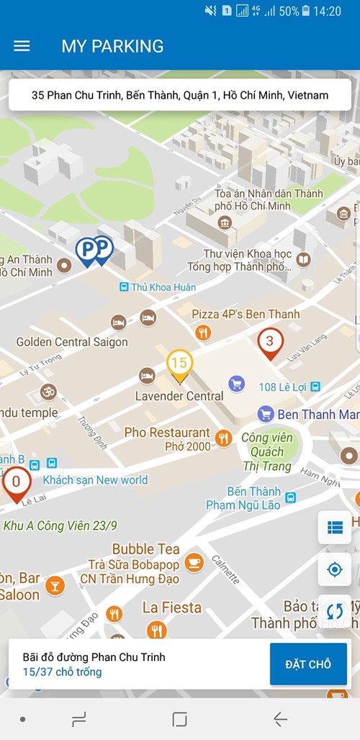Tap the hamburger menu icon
pyautogui.click(x=22, y=46)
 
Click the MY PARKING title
pyautogui.click(x=112, y=46)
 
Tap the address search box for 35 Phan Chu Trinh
pyautogui.click(x=180, y=95)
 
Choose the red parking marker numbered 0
pyautogui.click(x=16, y=484)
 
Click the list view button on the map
pyautogui.click(x=335, y=528)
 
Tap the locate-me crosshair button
pyautogui.click(x=335, y=569)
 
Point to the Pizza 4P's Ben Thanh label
pyautogui.click(x=246, y=315)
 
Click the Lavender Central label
pyautogui.click(x=179, y=396)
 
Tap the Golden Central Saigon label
pyautogui.click(x=72, y=342)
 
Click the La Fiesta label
pyautogui.click(x=172, y=608)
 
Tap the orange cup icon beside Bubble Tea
pyautogui.click(x=194, y=562)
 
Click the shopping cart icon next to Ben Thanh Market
pyautogui.click(x=266, y=414)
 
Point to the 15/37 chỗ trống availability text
pyautogui.click(x=62, y=672)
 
